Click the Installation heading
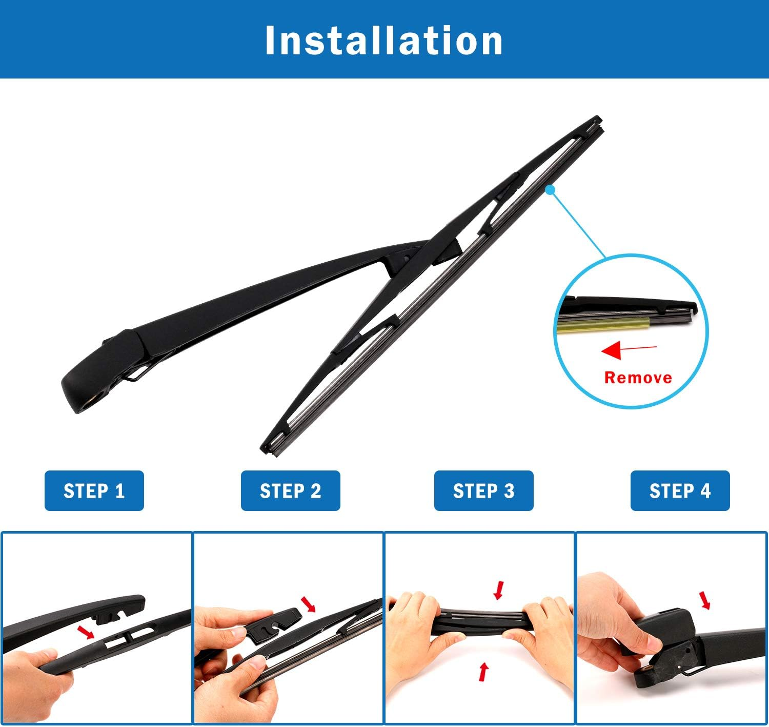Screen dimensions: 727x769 point(384,40)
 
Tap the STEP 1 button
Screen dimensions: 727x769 point(94,490)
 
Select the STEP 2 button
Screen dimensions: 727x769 point(290,490)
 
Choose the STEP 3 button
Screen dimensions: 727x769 point(483,490)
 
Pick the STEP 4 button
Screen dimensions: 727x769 point(680,490)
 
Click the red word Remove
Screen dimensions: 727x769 point(638,378)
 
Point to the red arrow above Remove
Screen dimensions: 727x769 point(628,350)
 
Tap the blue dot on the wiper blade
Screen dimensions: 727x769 point(550,190)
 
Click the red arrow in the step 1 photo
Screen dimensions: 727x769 point(86,632)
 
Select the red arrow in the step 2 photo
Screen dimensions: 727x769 point(309,604)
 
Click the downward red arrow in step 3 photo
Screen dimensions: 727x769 point(498,590)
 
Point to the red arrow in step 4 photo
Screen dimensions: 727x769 point(706,600)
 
